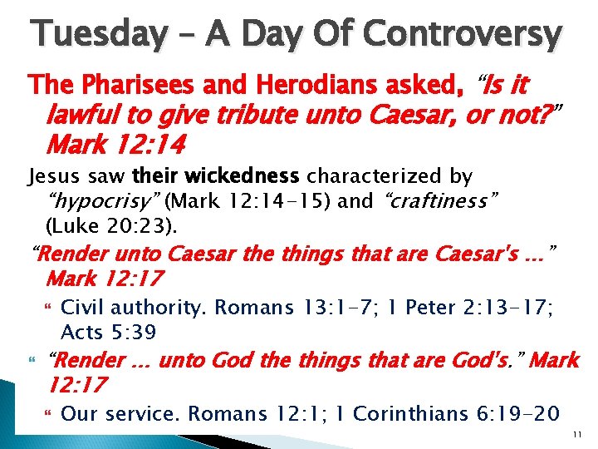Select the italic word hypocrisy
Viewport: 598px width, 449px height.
tap(110, 200)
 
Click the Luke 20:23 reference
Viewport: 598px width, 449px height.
tap(106, 224)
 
